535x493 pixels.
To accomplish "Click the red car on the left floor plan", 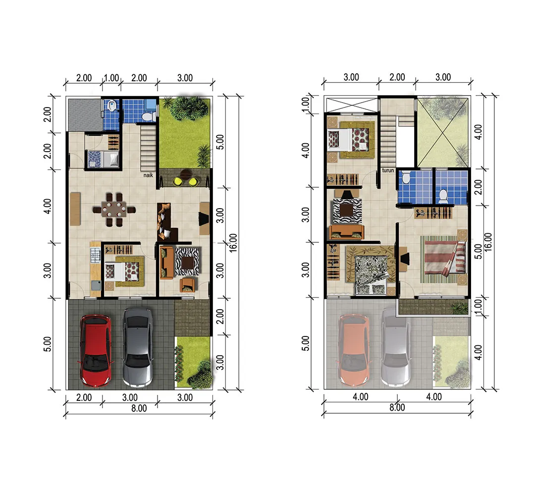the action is pyautogui.click(x=96, y=351).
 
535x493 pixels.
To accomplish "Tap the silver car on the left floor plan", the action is pyautogui.click(x=138, y=348).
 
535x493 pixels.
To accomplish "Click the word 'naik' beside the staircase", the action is pyautogui.click(x=148, y=175).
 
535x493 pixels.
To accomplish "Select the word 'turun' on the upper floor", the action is pyautogui.click(x=388, y=170).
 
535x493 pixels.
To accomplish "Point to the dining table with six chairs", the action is pyautogui.click(x=114, y=210).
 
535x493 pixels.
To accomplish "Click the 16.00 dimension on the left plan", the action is pyautogui.click(x=233, y=243).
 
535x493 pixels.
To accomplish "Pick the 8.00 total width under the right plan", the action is pyautogui.click(x=397, y=407).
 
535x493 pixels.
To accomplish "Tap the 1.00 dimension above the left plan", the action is pyautogui.click(x=111, y=78).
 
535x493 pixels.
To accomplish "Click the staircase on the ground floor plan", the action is pyautogui.click(x=148, y=148).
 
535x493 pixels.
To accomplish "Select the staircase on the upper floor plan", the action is pyautogui.click(x=388, y=141).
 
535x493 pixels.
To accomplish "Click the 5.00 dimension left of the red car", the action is pyautogui.click(x=48, y=344).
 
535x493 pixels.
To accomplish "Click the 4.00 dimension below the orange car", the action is pyautogui.click(x=360, y=397).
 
